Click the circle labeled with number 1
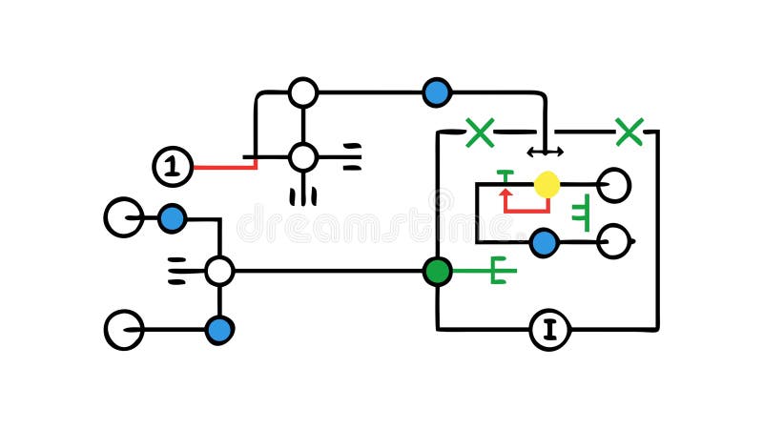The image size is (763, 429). [x=172, y=167]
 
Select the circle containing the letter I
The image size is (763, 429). [x=549, y=330]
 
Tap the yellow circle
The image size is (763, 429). [x=546, y=184]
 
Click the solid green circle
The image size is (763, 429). [x=437, y=271]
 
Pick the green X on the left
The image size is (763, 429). [x=480, y=133]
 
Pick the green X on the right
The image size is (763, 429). [x=629, y=132]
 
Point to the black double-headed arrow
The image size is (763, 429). [x=545, y=152]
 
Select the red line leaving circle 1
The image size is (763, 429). [x=224, y=167]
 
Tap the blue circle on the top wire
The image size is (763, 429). [x=437, y=92]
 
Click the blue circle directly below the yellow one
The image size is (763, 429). [x=544, y=243]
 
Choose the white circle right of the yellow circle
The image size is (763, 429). [x=614, y=185]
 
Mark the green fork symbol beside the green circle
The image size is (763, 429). [x=496, y=271]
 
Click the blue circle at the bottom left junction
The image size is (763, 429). [x=219, y=330]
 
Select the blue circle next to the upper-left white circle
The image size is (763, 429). [x=172, y=218]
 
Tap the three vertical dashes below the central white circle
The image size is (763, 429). [x=303, y=196]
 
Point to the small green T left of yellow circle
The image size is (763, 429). [x=505, y=175]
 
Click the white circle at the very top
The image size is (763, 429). [x=303, y=92]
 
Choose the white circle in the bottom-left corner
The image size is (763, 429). [x=123, y=330]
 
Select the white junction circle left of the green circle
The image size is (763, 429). [x=219, y=271]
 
